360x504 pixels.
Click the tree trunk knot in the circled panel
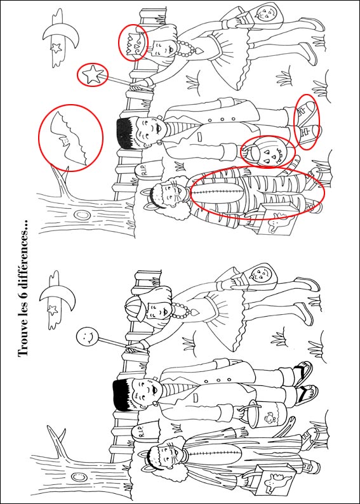[82, 215]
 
